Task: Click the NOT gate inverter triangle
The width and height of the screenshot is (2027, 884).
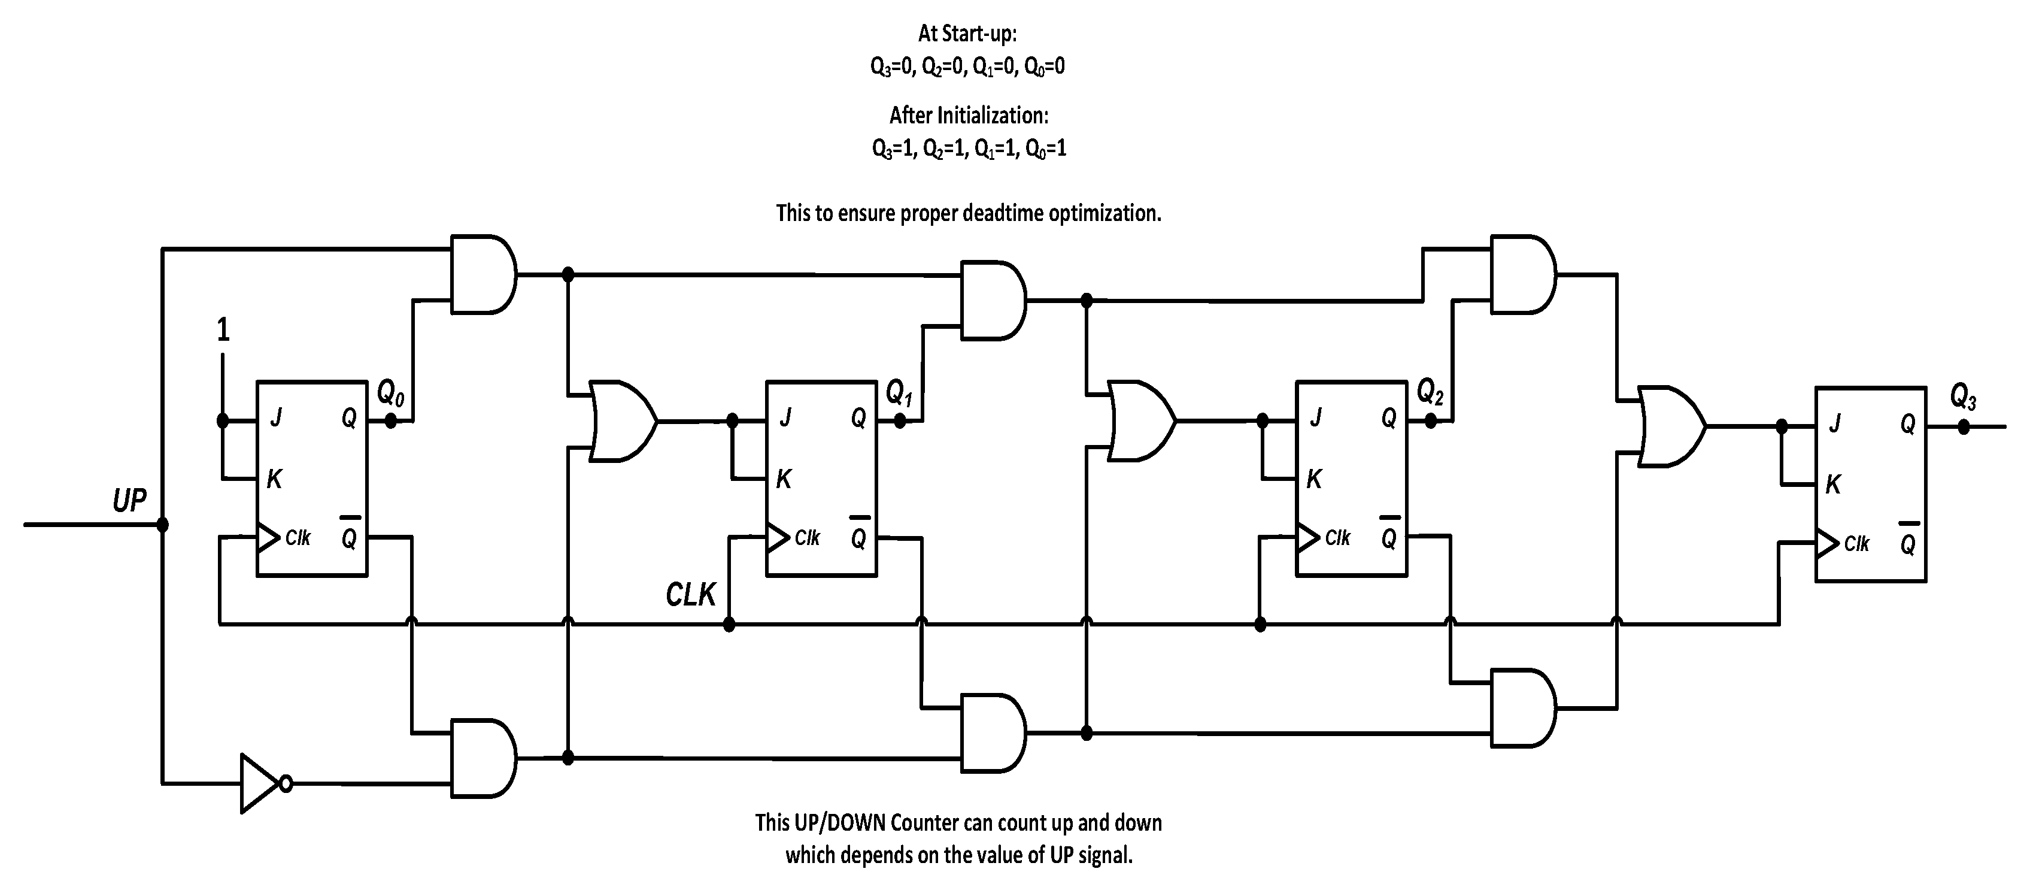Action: tap(259, 783)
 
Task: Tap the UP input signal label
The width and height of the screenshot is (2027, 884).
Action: tap(129, 501)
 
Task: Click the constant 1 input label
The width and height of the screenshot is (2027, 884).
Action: tap(223, 330)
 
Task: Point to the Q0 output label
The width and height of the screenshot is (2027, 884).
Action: tap(390, 393)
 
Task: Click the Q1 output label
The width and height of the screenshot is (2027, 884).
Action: tap(899, 393)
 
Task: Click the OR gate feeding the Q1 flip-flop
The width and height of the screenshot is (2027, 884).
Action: tap(621, 421)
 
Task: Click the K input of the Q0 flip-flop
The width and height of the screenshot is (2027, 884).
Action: tap(274, 479)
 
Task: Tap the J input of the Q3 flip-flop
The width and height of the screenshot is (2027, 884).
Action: tap(1834, 423)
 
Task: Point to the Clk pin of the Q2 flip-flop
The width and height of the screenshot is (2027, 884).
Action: tap(1336, 538)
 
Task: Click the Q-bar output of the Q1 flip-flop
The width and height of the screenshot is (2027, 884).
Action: tap(858, 538)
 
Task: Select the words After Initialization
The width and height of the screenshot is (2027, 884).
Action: tap(969, 116)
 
